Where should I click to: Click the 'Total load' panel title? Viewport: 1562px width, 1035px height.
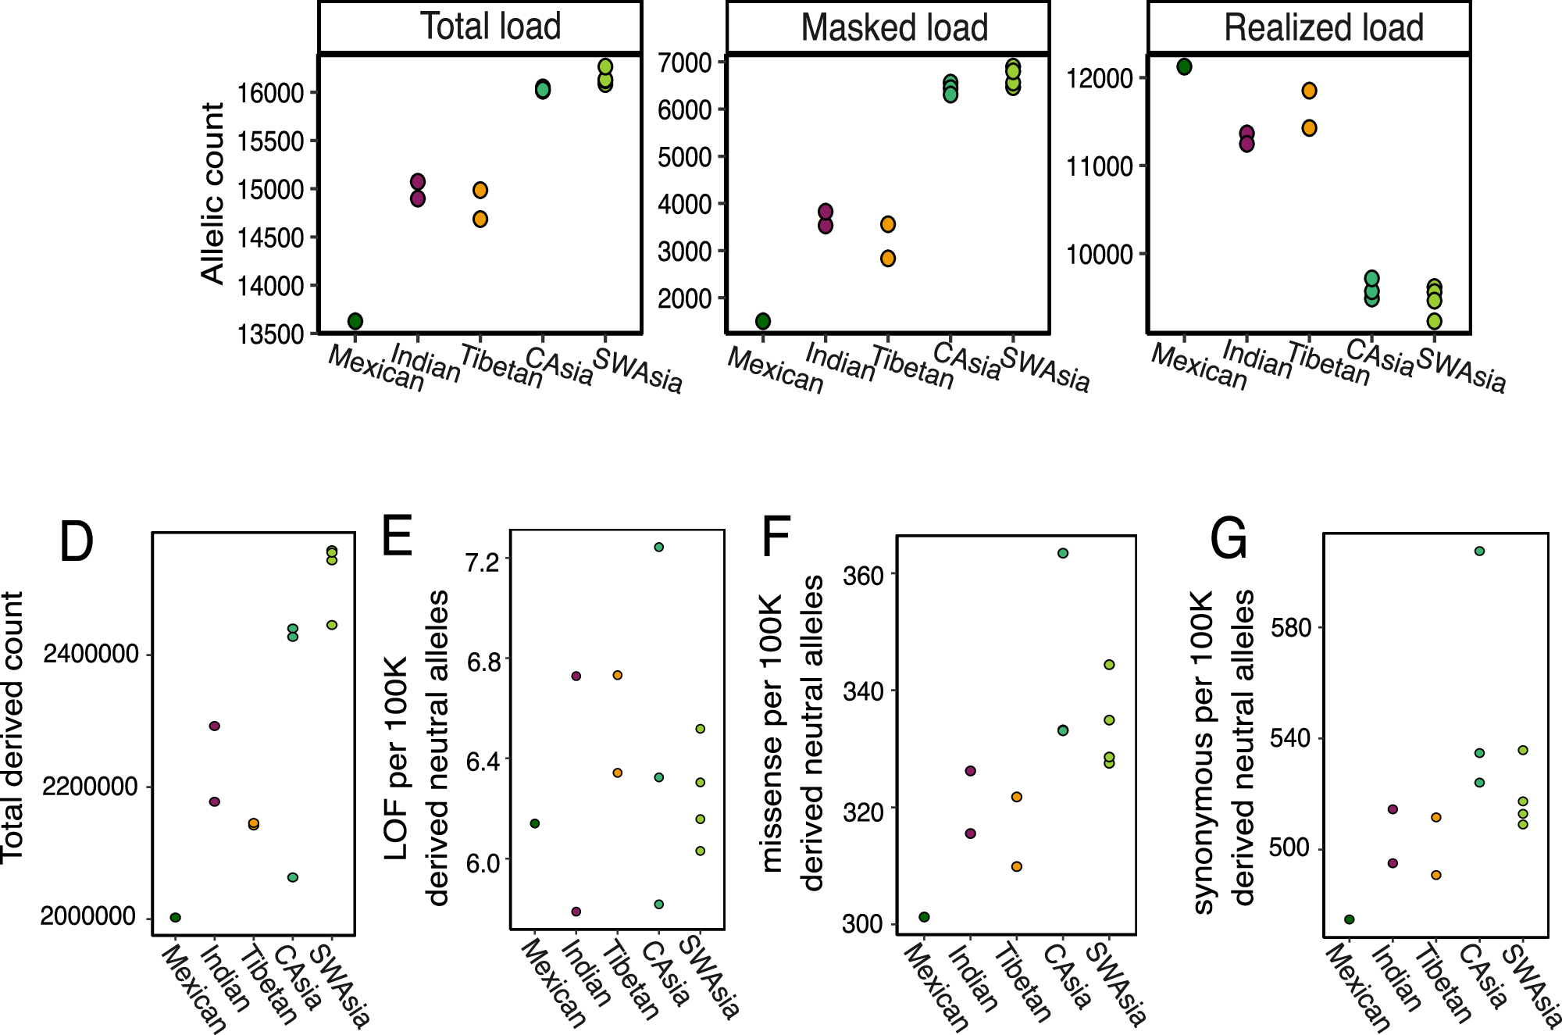tap(490, 27)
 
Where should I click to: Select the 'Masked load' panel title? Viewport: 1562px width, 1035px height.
tap(894, 28)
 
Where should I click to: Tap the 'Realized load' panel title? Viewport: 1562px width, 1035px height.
tap(1323, 28)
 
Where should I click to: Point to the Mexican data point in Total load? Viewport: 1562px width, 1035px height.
tap(355, 321)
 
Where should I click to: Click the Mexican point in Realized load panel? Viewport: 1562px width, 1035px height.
tap(1184, 67)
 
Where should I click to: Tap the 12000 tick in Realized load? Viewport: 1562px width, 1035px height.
tap(1097, 78)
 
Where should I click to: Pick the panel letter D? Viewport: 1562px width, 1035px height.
tap(77, 542)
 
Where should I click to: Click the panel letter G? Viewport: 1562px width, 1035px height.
tap(1229, 539)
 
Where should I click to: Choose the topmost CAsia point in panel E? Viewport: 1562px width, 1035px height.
tap(659, 548)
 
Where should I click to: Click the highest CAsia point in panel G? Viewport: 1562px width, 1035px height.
tap(1479, 551)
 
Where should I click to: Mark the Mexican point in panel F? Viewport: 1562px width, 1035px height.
tap(925, 917)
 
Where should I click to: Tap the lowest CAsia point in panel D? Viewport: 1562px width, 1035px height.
tap(293, 877)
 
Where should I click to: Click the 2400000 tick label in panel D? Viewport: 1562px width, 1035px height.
tap(91, 654)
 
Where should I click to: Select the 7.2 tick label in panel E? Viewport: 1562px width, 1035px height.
tap(482, 561)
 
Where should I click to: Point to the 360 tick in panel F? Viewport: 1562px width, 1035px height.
tap(863, 576)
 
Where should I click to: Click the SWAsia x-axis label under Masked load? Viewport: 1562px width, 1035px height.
tap(1045, 369)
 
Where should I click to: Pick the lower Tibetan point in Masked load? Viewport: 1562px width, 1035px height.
tap(888, 259)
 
